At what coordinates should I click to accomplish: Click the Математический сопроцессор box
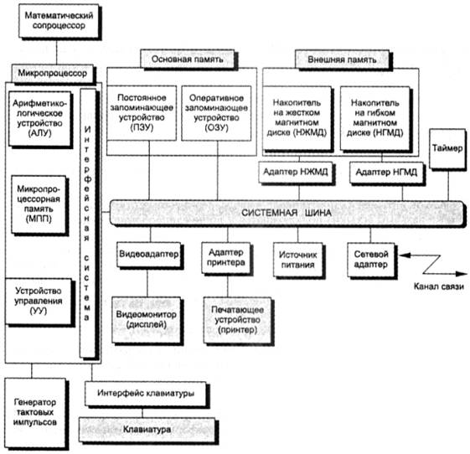(59, 21)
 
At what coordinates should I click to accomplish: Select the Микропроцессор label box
(53, 73)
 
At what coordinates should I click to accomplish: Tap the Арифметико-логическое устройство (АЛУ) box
(40, 119)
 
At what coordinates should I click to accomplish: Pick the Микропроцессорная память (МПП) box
(39, 204)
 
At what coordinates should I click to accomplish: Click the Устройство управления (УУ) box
(39, 302)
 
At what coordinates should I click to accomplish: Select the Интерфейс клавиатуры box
(146, 394)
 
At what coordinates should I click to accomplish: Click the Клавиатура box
(147, 430)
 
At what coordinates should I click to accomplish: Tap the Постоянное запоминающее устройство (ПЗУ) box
(142, 113)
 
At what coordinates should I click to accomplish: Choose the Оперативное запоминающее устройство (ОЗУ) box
(216, 113)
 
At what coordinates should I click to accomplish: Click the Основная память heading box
(188, 59)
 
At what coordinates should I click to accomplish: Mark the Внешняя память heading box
(343, 59)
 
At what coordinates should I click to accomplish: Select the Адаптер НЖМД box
(296, 173)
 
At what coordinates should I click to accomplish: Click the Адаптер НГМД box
(386, 173)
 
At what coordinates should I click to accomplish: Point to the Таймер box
(447, 148)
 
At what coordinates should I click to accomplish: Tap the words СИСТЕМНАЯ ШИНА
(287, 213)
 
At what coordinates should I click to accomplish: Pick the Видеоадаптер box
(148, 255)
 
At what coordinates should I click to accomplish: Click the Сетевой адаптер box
(371, 260)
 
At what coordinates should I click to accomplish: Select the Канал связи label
(439, 286)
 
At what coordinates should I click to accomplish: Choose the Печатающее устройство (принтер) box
(237, 320)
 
